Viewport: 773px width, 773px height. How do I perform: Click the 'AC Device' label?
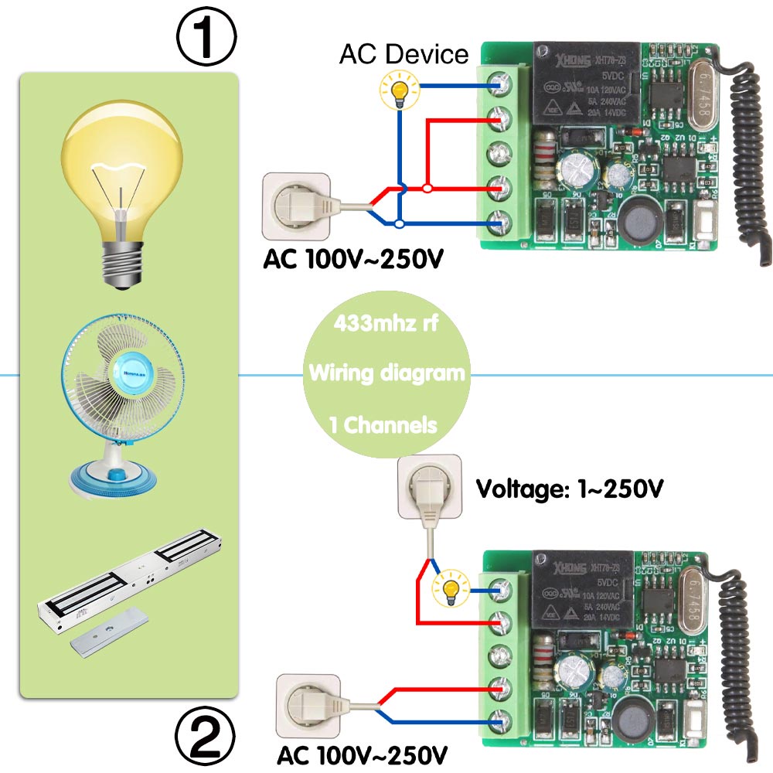tap(404, 55)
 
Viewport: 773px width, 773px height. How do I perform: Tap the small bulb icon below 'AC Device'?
tap(400, 91)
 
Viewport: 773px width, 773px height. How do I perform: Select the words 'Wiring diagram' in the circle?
tap(387, 373)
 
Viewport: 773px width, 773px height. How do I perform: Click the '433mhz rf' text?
tap(386, 323)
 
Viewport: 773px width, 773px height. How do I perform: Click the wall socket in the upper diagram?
tap(298, 205)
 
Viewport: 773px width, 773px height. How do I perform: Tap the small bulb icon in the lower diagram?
tap(452, 590)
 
